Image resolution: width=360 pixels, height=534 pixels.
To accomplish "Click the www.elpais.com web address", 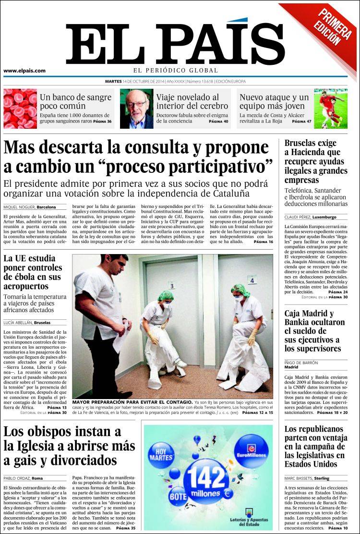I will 24,71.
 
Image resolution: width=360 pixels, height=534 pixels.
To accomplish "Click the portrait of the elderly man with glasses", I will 136,109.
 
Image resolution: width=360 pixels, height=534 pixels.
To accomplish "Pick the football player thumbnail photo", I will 331,109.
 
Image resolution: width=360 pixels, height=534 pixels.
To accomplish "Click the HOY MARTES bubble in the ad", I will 161,455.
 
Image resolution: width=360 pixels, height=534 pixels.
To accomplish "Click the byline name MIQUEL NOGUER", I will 19,207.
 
